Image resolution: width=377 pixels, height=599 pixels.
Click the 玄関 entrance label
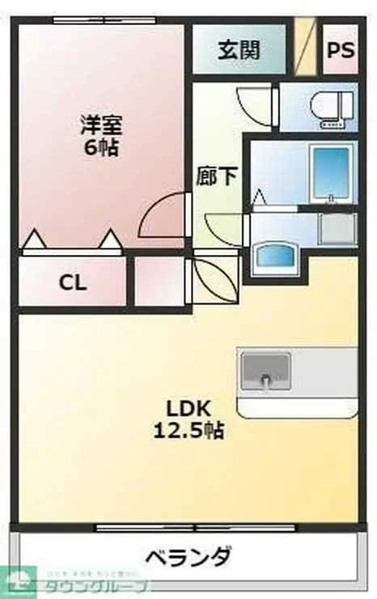(x=239, y=50)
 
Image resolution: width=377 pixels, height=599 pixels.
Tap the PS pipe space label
(x=341, y=50)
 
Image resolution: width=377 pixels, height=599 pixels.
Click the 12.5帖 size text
(x=188, y=430)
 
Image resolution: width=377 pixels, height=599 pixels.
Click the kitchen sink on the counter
(x=265, y=371)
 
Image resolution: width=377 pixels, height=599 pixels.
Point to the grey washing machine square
(x=337, y=230)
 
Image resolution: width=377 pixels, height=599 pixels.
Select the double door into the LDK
(x=214, y=279)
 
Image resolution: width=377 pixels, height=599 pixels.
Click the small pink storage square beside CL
(x=158, y=283)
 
